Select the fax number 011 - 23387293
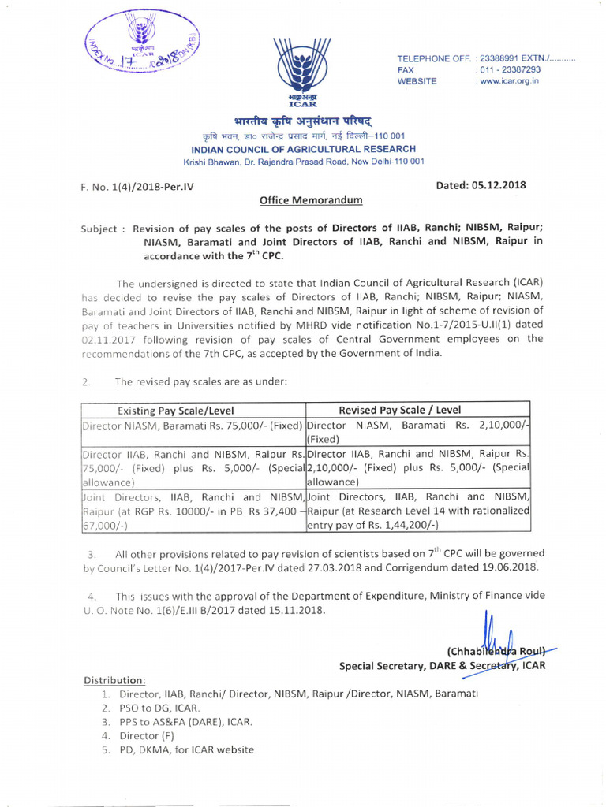[510, 70]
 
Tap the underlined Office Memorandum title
[311, 200]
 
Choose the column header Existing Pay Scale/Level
[176, 410]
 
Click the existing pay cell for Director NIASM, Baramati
[193, 426]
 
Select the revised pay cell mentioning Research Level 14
[417, 511]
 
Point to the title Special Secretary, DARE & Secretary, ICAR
[442, 666]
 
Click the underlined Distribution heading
[114, 680]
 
